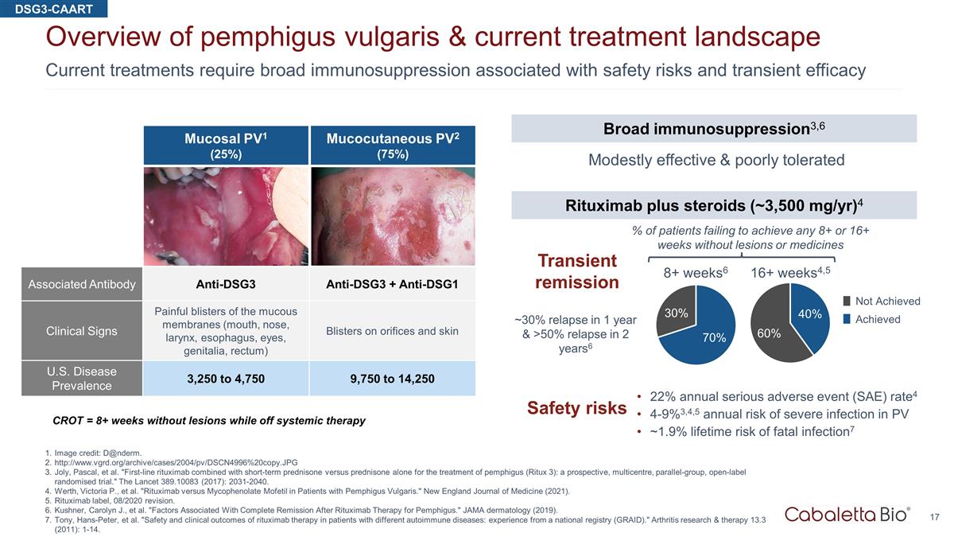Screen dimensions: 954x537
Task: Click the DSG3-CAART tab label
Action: tap(54, 9)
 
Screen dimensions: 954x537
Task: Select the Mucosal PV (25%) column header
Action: tap(226, 146)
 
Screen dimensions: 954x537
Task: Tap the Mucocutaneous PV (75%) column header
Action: tap(393, 146)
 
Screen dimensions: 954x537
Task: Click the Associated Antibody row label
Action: tap(82, 284)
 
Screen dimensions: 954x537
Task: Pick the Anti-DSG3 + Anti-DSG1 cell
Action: tap(392, 284)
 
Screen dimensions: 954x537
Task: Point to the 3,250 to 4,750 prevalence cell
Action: tap(226, 379)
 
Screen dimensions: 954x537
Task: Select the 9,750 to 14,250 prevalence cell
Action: tap(392, 379)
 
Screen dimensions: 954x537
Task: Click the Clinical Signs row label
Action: tap(82, 331)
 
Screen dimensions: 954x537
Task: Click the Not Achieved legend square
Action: tap(847, 301)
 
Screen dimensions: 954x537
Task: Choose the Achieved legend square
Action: tap(847, 319)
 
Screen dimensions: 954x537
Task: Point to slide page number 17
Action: tap(934, 517)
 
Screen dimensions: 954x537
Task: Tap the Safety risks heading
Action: tap(576, 408)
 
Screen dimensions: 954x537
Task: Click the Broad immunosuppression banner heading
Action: tap(714, 128)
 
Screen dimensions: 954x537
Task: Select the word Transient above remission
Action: tap(577, 260)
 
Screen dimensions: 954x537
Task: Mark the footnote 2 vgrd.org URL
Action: tap(176, 462)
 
